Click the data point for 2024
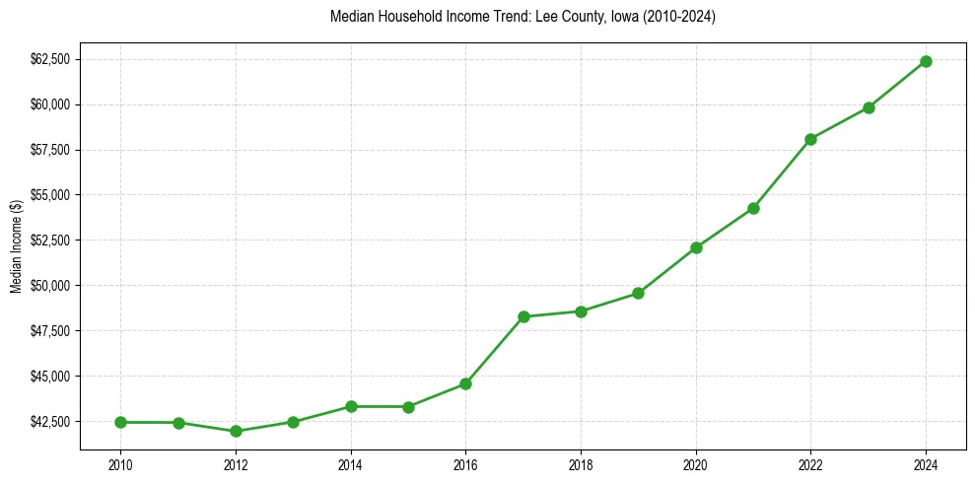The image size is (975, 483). tap(926, 61)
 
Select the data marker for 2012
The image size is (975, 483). tap(236, 431)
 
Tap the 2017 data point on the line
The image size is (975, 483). tap(523, 316)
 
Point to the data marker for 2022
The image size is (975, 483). tap(810, 139)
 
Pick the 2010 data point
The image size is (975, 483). tap(120, 422)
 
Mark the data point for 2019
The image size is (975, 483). tap(638, 293)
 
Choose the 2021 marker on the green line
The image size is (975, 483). tap(753, 208)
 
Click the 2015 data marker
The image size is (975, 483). tap(408, 406)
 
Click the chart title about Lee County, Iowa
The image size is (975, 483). tap(522, 18)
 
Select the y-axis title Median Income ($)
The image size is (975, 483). tap(16, 246)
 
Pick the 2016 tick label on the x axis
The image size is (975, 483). tap(465, 462)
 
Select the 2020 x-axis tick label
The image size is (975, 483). tap(696, 462)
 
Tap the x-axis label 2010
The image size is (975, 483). tap(120, 462)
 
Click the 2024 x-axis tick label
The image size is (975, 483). tap(926, 462)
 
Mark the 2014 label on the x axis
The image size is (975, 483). tap(351, 462)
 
